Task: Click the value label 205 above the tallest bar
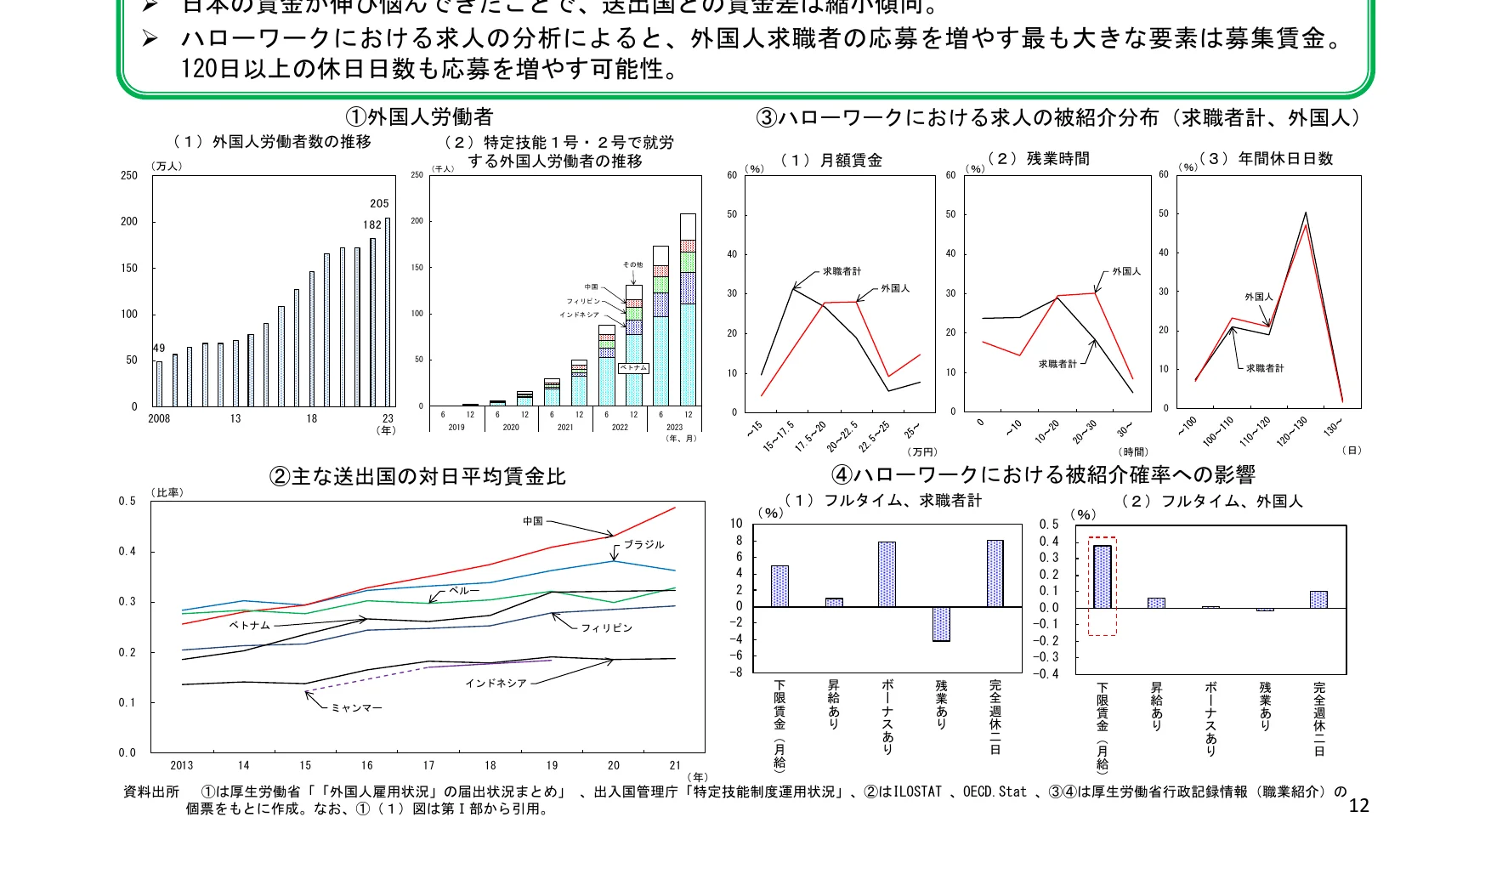point(379,204)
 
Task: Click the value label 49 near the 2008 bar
point(159,349)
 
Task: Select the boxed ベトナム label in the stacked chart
point(633,368)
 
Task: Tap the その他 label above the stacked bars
point(632,265)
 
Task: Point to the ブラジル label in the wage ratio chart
point(643,545)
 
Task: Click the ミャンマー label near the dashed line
point(356,708)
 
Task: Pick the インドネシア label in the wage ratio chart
point(496,684)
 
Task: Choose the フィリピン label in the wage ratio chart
point(606,628)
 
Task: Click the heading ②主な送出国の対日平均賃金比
point(417,477)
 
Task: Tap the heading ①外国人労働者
point(418,117)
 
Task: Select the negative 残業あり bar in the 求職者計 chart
point(941,624)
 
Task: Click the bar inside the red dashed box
point(1103,576)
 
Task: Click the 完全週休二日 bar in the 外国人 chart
point(1318,599)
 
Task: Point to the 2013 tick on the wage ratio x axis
point(182,765)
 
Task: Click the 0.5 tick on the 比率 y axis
point(127,502)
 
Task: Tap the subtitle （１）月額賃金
point(831,160)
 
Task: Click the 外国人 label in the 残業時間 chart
point(1126,272)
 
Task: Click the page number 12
point(1358,806)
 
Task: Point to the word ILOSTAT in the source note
point(917,792)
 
